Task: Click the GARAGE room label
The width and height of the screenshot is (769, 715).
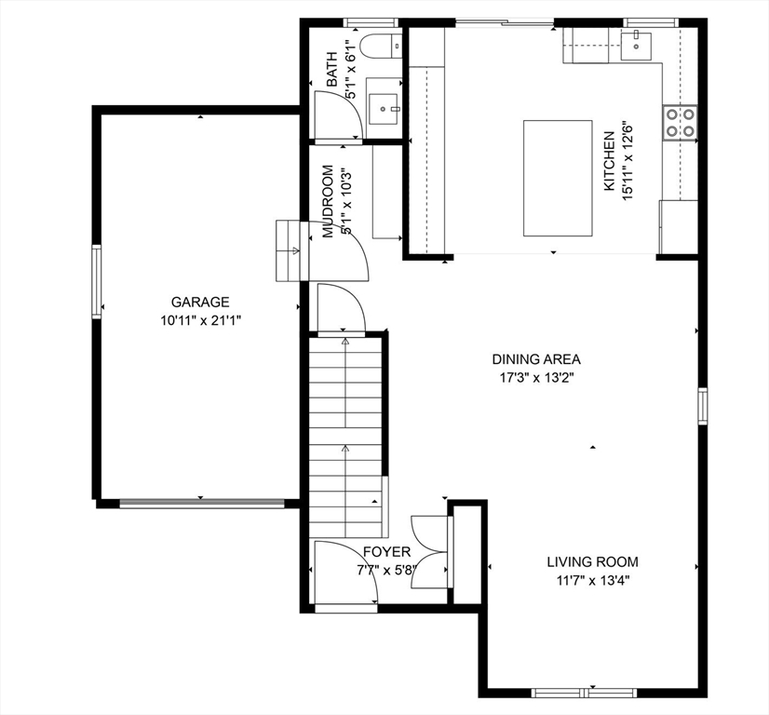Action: coord(199,302)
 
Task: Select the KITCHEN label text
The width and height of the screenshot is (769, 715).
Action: coord(609,161)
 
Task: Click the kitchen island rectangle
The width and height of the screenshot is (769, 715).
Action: coord(557,178)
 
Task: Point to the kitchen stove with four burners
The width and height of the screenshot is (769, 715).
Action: coord(680,123)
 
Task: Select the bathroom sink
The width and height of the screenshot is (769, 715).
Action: coord(384,108)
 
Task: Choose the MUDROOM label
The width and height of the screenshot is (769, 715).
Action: coord(329,201)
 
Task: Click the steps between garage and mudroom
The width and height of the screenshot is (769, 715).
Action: coord(290,250)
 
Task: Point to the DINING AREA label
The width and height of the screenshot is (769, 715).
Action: coord(536,359)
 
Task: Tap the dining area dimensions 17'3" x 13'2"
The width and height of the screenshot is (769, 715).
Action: coord(536,378)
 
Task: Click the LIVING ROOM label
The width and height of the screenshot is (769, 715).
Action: coord(592,561)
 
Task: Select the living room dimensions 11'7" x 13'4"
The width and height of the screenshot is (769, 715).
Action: coord(592,580)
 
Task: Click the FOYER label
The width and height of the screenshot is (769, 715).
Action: coord(386,552)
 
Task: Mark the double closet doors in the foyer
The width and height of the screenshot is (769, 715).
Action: coord(430,551)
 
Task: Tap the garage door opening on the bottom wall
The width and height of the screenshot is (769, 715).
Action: coord(201,504)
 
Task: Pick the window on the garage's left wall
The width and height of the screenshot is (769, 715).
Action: coord(95,280)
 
